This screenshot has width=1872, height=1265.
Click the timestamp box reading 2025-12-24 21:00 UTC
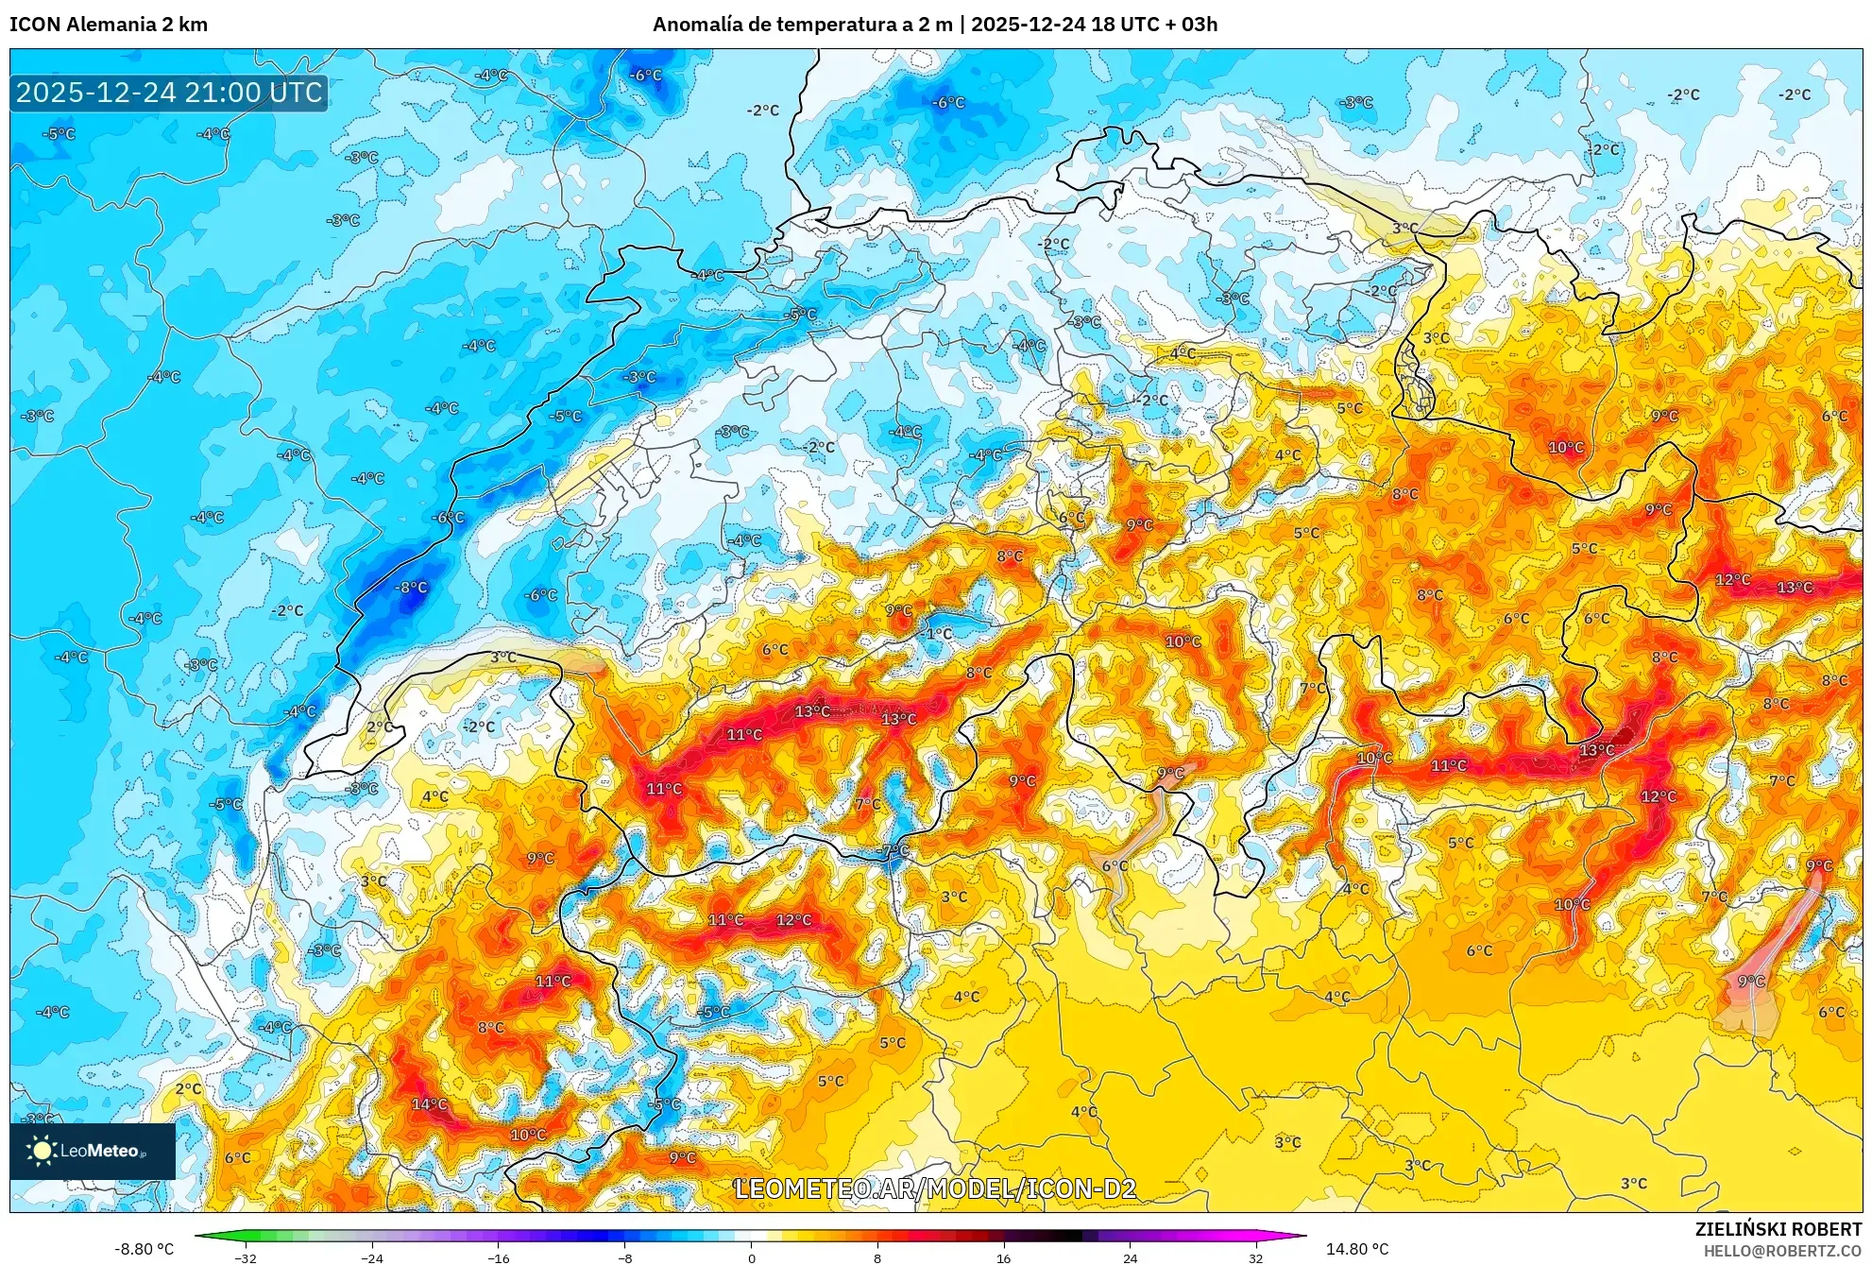point(169,93)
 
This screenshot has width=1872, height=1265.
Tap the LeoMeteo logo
point(93,1151)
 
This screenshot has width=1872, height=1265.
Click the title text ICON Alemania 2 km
point(109,25)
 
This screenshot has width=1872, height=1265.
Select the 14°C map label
point(429,1103)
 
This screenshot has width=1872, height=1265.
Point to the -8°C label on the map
point(411,587)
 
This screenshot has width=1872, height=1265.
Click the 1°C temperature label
point(939,633)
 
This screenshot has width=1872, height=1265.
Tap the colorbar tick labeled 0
point(752,1257)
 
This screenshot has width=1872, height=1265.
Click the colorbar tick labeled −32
point(246,1257)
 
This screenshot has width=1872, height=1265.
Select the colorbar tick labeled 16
point(1003,1257)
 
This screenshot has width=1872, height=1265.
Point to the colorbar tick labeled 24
point(1130,1257)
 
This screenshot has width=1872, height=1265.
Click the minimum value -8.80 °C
point(144,1249)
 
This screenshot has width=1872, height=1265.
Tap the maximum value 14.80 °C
point(1356,1249)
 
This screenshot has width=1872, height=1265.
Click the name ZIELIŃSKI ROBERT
point(1778,1229)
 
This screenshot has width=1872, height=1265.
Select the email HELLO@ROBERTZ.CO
point(1781,1251)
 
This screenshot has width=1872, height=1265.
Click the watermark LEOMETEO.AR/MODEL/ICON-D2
point(935,1188)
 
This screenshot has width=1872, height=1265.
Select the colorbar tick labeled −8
point(625,1257)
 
